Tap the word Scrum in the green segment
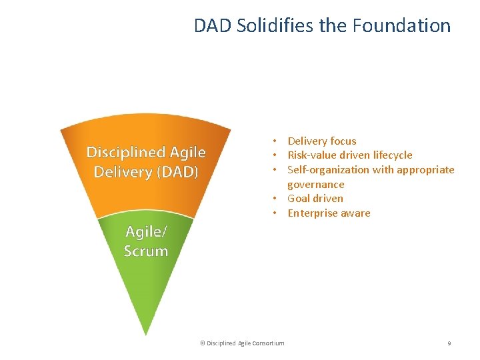click(146, 251)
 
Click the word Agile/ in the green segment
click(146, 232)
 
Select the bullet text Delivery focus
click(322, 141)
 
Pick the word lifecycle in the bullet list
click(393, 155)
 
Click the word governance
click(316, 185)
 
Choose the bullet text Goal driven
click(315, 199)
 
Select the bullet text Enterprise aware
click(329, 213)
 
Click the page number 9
click(449, 343)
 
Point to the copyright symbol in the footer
click(203, 343)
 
